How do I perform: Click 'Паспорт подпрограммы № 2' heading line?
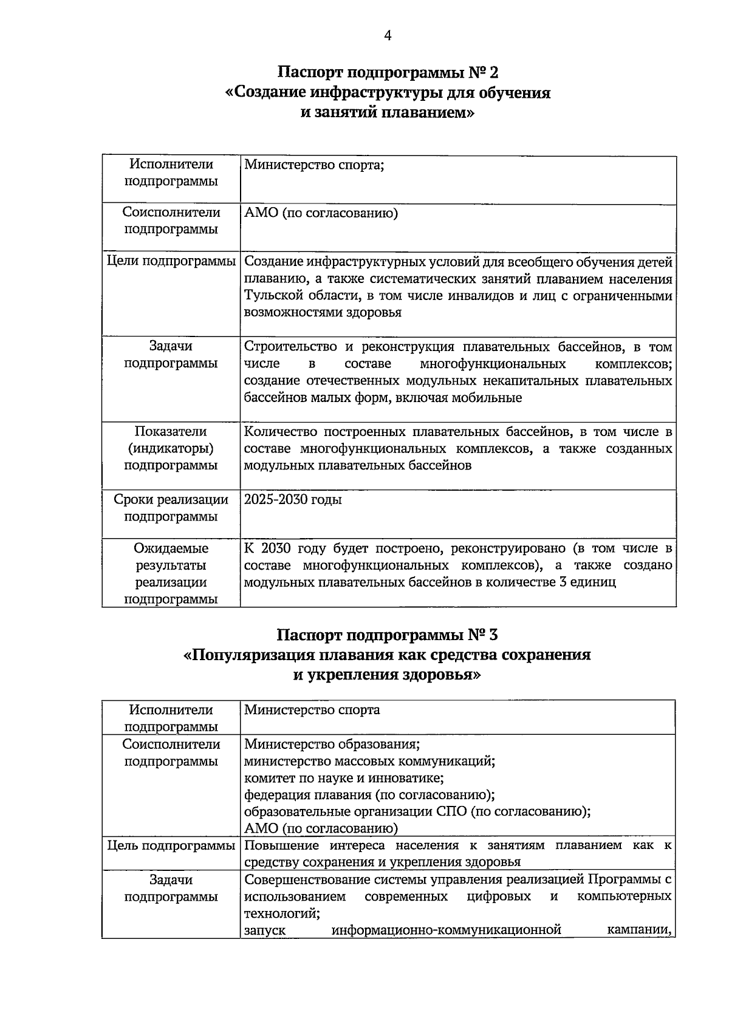pos(388,73)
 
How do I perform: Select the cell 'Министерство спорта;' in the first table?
pos(314,165)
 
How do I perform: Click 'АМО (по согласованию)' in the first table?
pos(321,213)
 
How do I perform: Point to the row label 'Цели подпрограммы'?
pos(171,261)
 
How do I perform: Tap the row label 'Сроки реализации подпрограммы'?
pos(171,508)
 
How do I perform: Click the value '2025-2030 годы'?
pos(293,500)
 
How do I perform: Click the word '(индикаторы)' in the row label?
pos(171,449)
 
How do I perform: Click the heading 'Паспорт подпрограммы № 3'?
pos(388,635)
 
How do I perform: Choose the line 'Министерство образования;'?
pos(332,745)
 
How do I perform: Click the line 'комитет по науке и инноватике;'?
pos(344,778)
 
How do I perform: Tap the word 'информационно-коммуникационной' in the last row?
pos(446,930)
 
